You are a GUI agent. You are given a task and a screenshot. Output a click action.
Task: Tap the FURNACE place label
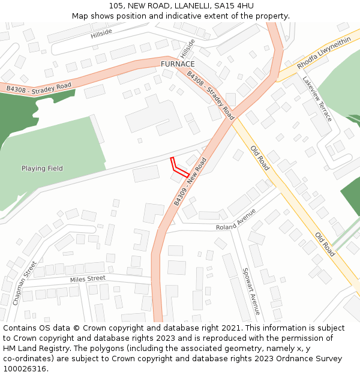pyautogui.click(x=178, y=64)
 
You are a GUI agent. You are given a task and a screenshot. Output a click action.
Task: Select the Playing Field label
pyautogui.click(x=42, y=169)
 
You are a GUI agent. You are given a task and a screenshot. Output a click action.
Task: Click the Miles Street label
pyautogui.click(x=88, y=279)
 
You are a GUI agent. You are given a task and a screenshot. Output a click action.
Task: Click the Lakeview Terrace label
pyautogui.click(x=317, y=99)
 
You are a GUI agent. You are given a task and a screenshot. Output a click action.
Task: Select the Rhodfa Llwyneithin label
pyautogui.click(x=323, y=53)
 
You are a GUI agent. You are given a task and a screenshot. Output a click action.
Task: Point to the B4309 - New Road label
pyautogui.click(x=190, y=182)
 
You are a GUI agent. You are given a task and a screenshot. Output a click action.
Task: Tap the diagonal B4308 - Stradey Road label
pyautogui.click(x=210, y=94)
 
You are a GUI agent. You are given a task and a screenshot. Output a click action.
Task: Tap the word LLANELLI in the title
pyautogui.click(x=176, y=6)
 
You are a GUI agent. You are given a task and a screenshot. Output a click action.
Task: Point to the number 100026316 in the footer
pyautogui.click(x=25, y=369)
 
